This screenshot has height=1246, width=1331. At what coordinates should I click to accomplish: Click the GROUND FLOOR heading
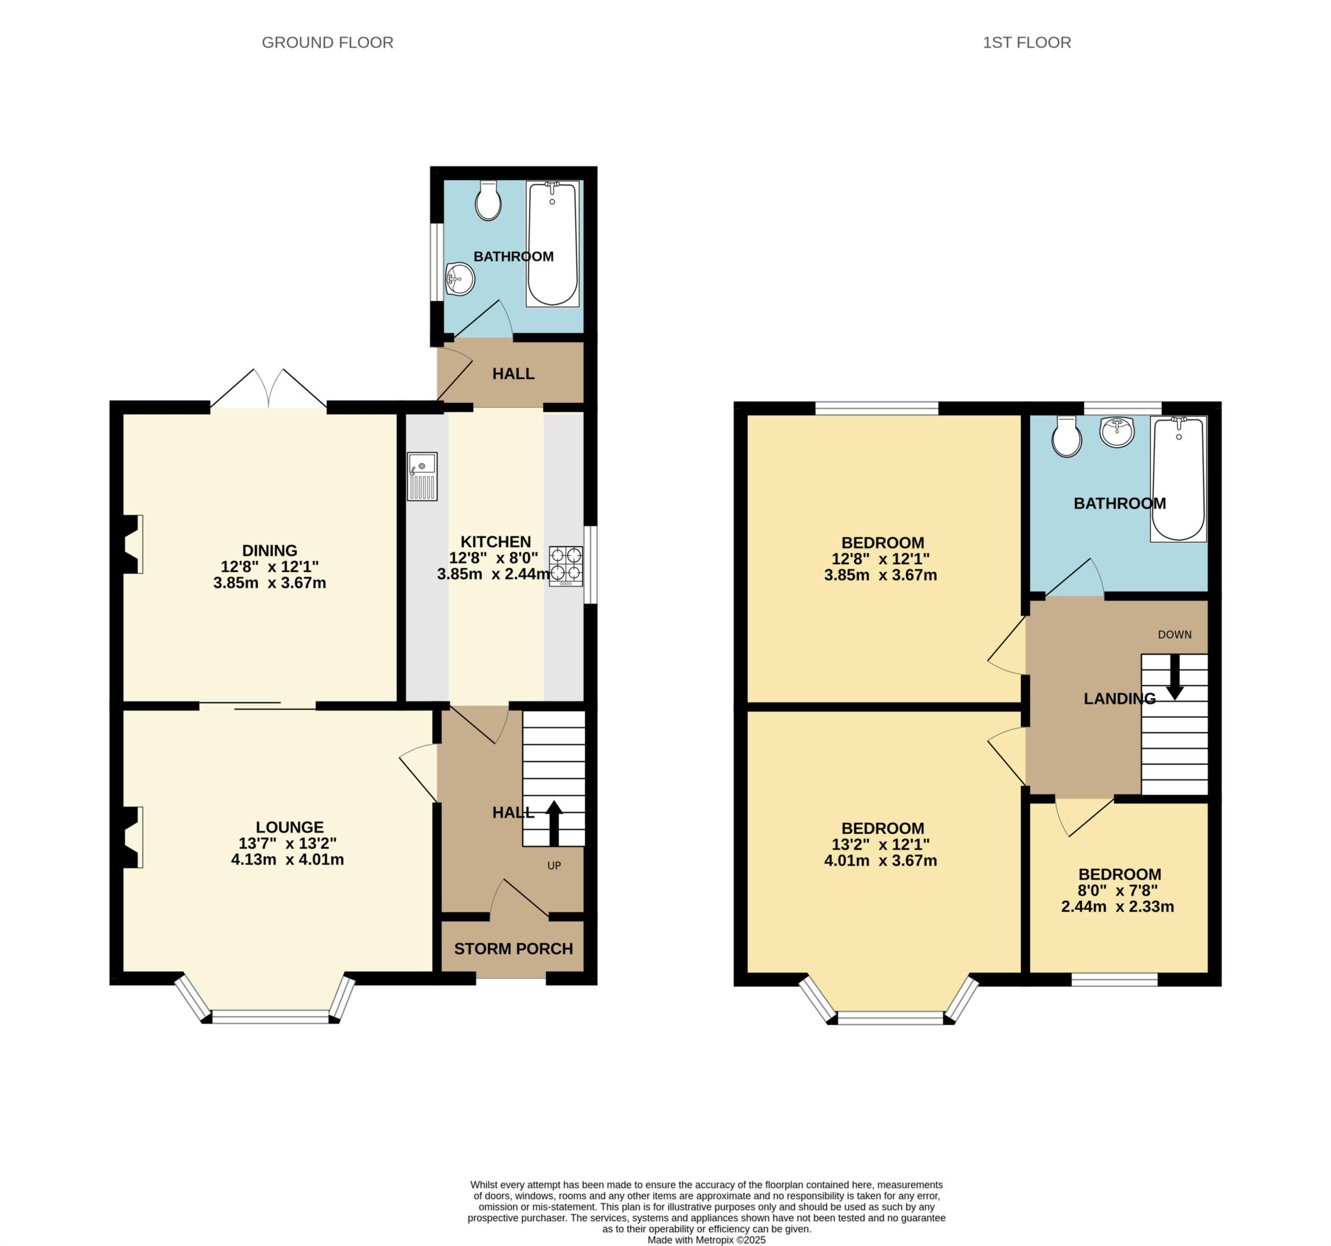pyautogui.click(x=327, y=43)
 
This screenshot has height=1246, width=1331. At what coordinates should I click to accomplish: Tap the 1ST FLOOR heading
pyautogui.click(x=1026, y=43)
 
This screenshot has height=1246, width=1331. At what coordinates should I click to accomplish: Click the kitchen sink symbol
pyautogui.click(x=422, y=476)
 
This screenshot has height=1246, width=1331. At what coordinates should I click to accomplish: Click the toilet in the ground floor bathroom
pyautogui.click(x=488, y=200)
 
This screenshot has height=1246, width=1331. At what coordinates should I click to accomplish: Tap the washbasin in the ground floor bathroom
pyautogui.click(x=460, y=278)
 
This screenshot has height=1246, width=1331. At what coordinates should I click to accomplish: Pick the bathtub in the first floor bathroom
pyautogui.click(x=1178, y=479)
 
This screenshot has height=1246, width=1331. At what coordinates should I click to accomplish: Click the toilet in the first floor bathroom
pyautogui.click(x=1066, y=437)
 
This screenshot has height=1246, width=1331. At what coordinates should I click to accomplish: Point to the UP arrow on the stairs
pyautogui.click(x=554, y=823)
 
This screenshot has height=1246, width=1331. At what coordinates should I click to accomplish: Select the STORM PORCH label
pyautogui.click(x=513, y=949)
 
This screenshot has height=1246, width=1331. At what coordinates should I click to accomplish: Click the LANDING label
pyautogui.click(x=1119, y=699)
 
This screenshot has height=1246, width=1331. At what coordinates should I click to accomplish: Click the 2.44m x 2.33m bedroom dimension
pyautogui.click(x=1117, y=907)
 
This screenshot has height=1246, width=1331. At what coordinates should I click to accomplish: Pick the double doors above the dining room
pyautogui.click(x=269, y=389)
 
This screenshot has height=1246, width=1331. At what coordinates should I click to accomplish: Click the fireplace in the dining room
pyautogui.click(x=133, y=543)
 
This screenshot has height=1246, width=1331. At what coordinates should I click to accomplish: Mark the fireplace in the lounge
pyautogui.click(x=133, y=838)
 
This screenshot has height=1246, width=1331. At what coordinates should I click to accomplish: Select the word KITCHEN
pyautogui.click(x=495, y=541)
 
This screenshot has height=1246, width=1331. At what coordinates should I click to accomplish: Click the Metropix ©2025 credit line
pyautogui.click(x=706, y=1240)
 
